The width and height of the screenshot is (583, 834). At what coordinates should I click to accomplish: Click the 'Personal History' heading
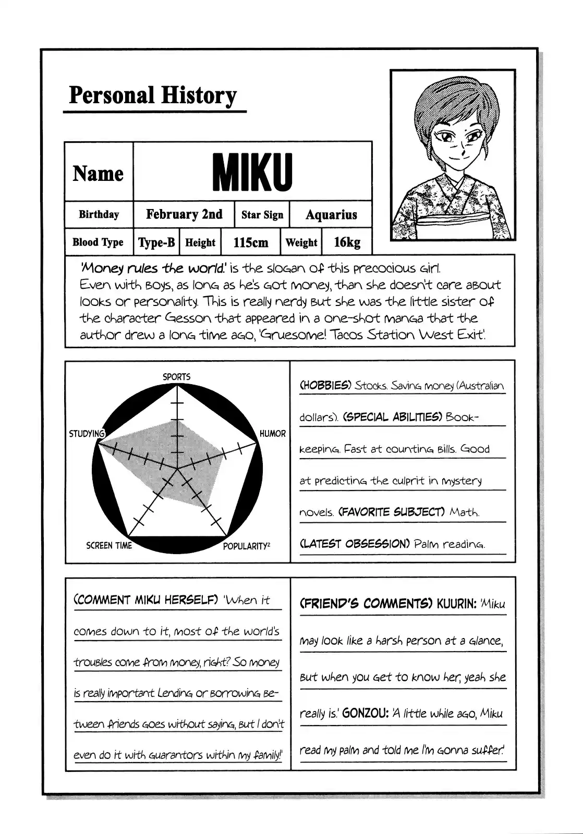pyautogui.click(x=153, y=96)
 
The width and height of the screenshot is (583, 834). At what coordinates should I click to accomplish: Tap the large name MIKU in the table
pyautogui.click(x=252, y=172)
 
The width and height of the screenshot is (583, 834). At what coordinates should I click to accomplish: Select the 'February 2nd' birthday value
pyautogui.click(x=184, y=214)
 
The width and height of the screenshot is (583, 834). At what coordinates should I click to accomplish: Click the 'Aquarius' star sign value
pyautogui.click(x=331, y=215)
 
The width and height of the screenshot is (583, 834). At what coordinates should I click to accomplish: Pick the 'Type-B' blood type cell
pyautogui.click(x=156, y=242)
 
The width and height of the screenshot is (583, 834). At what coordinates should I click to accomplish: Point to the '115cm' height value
pyautogui.click(x=250, y=242)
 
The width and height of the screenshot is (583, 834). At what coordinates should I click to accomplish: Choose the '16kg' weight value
pyautogui.click(x=347, y=242)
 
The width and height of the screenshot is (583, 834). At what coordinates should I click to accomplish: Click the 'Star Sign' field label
pyautogui.click(x=262, y=215)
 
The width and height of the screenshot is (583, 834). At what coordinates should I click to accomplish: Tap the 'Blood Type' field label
pyautogui.click(x=98, y=242)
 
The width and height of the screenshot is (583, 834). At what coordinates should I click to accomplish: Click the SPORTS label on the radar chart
pyautogui.click(x=177, y=376)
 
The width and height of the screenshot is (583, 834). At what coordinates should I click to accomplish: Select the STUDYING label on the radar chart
pyautogui.click(x=87, y=434)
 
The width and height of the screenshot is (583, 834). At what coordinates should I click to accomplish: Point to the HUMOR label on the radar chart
pyautogui.click(x=273, y=434)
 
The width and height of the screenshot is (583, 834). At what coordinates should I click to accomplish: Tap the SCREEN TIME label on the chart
pyautogui.click(x=109, y=546)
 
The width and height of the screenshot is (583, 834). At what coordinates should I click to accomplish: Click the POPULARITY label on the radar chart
pyautogui.click(x=246, y=546)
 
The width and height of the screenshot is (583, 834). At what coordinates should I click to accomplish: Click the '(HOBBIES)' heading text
pyautogui.click(x=325, y=386)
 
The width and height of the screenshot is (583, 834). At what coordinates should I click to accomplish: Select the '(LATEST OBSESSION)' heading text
pyautogui.click(x=355, y=544)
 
